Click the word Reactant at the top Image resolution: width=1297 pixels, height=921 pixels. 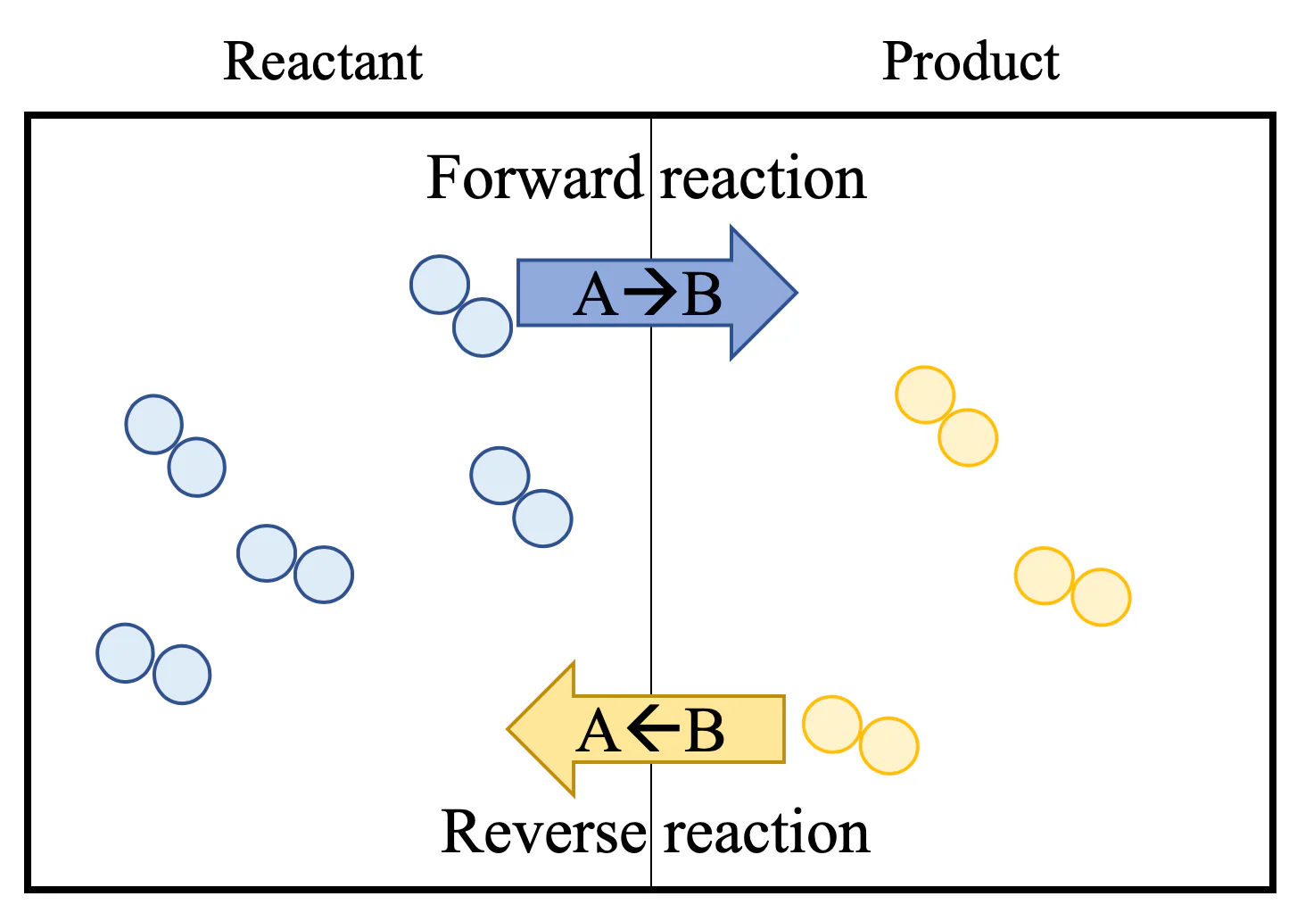click(x=323, y=62)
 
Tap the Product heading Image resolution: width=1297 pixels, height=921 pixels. click(x=971, y=62)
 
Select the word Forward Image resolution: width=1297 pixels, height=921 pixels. click(x=534, y=178)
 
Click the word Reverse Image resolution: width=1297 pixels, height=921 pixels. click(x=543, y=832)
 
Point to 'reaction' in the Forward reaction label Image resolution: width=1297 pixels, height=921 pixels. click(x=764, y=179)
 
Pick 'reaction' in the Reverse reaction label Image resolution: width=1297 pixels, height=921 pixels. click(x=766, y=833)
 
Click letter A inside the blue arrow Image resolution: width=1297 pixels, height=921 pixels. click(x=596, y=295)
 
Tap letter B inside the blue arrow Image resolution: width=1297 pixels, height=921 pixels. click(x=702, y=295)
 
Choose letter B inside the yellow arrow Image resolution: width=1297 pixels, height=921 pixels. click(x=704, y=731)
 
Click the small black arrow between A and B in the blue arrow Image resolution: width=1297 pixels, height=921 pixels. click(x=650, y=291)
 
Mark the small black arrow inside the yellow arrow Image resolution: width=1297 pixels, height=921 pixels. click(x=653, y=728)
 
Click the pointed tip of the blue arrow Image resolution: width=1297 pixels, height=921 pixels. click(x=797, y=293)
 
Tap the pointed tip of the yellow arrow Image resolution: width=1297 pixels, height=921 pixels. click(x=508, y=729)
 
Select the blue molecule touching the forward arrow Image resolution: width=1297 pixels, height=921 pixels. click(x=461, y=306)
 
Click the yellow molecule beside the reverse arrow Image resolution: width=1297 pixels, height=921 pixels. click(x=861, y=735)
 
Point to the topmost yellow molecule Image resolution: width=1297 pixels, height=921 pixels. click(x=946, y=416)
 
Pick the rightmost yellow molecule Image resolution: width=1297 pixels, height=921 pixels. click(x=1072, y=586)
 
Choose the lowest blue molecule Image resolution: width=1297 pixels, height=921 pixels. click(x=153, y=664)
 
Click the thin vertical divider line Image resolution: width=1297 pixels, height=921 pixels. click(x=651, y=502)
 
